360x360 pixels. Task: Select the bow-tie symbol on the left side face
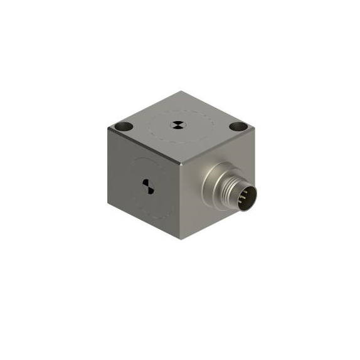pos(147,186)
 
